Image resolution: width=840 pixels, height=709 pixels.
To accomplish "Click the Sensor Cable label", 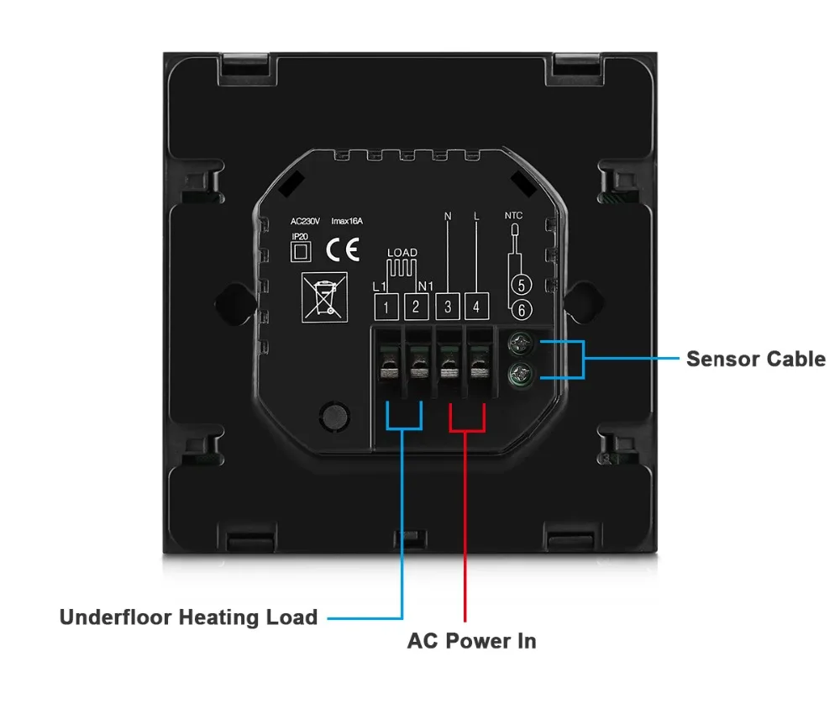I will (755, 359).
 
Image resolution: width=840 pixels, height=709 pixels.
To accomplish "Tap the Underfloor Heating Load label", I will (188, 617).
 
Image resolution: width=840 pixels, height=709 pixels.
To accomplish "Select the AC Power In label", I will (471, 641).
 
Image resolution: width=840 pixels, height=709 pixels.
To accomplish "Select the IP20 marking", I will (300, 237).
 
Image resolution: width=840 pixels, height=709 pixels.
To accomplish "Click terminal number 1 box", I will (386, 307).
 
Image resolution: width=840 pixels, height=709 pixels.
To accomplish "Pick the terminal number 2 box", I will (416, 307).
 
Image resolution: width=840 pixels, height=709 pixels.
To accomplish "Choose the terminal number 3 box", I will (447, 307).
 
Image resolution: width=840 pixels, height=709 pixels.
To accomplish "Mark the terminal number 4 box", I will (476, 307).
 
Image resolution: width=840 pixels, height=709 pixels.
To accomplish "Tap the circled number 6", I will (521, 310).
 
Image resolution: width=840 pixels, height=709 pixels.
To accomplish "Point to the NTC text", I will (513, 216).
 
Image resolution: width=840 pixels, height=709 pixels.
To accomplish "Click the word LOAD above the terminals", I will (402, 252).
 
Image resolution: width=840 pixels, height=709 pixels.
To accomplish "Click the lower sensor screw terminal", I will (521, 375).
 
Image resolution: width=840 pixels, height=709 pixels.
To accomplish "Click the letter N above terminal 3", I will (447, 217).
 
